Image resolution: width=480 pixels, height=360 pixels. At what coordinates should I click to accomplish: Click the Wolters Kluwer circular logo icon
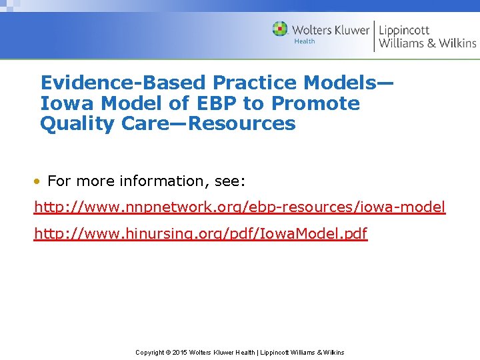[x=280, y=29]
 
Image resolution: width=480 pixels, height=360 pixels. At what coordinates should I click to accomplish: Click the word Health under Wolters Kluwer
[x=304, y=41]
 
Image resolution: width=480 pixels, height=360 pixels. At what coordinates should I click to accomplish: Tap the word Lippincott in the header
[x=405, y=30]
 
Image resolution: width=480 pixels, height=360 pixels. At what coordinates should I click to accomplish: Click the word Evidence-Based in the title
[x=124, y=83]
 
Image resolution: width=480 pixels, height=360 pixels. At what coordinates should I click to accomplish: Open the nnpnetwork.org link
[x=239, y=207]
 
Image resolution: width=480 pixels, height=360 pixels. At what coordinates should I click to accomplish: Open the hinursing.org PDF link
[x=201, y=234]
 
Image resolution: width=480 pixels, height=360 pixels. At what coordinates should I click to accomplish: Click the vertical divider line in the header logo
[x=375, y=36]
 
